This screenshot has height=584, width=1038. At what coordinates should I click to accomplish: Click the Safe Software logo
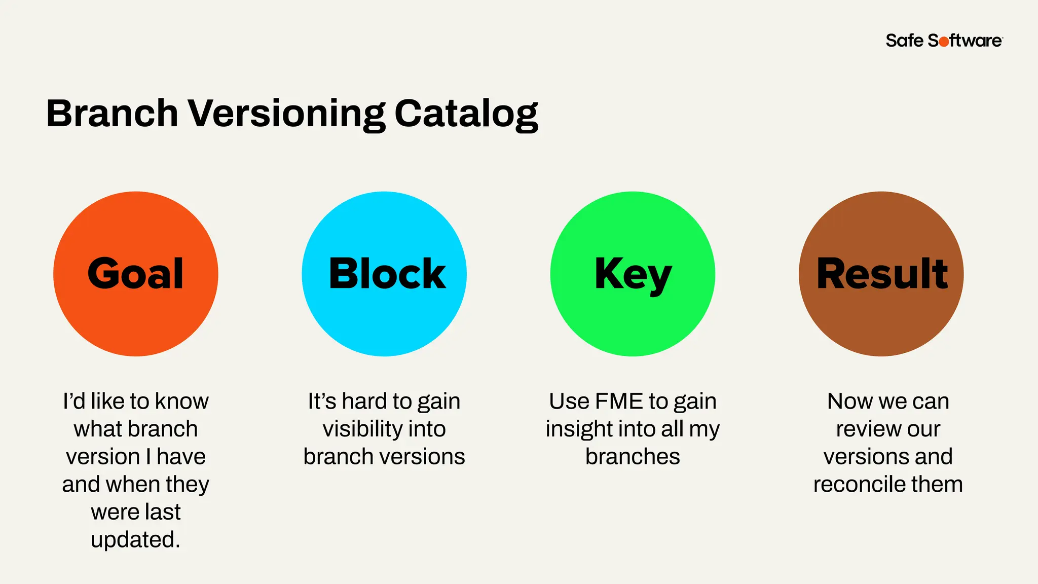tap(944, 41)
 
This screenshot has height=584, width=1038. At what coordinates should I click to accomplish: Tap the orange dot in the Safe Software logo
tap(944, 42)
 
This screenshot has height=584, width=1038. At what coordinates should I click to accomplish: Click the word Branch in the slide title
tap(112, 113)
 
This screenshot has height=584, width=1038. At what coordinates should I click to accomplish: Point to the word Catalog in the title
tap(466, 114)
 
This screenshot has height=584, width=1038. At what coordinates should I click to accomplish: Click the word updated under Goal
tap(135, 540)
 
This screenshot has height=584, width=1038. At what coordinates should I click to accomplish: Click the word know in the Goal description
tap(181, 401)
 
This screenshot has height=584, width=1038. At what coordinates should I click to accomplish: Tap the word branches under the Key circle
tap(633, 457)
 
